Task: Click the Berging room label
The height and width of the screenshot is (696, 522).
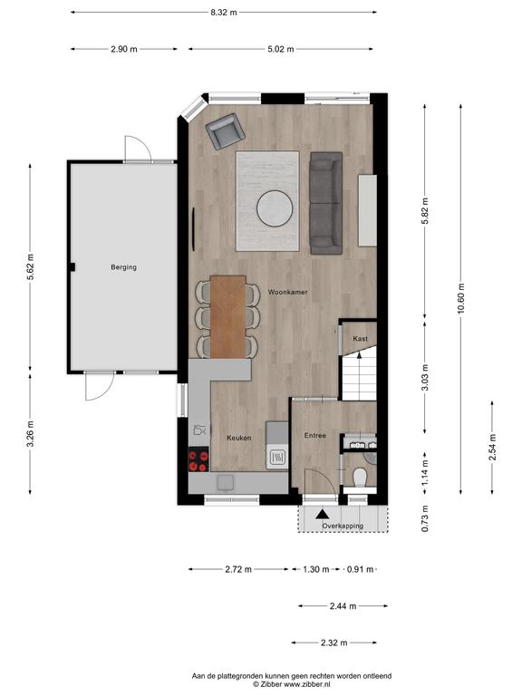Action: click(x=123, y=267)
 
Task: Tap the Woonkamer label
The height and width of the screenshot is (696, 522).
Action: click(x=287, y=292)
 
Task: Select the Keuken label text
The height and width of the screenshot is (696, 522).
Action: click(x=239, y=438)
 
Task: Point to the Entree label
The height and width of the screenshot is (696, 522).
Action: click(x=315, y=435)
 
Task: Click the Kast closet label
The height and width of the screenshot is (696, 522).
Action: click(x=360, y=338)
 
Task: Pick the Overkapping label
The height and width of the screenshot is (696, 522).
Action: click(x=343, y=526)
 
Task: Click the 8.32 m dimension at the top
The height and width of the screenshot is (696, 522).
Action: click(x=224, y=13)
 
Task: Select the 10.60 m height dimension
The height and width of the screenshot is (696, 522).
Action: click(x=460, y=298)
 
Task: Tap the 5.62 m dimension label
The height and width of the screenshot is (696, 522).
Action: click(x=30, y=266)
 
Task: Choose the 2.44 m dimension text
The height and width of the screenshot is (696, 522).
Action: click(x=343, y=606)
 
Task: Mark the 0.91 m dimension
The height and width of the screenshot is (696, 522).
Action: click(x=360, y=569)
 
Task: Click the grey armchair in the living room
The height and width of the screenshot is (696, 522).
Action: click(x=226, y=131)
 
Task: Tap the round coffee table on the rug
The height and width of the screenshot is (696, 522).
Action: click(x=275, y=208)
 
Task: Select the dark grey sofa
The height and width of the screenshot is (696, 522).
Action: click(x=326, y=203)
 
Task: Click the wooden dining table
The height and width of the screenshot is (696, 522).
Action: click(x=227, y=317)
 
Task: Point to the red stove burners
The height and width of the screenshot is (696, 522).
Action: click(x=198, y=459)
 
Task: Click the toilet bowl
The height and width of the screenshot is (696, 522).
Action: click(x=360, y=478)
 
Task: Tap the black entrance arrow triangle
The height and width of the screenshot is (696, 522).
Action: click(x=323, y=515)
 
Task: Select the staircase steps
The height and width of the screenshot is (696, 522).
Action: click(x=359, y=373)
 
